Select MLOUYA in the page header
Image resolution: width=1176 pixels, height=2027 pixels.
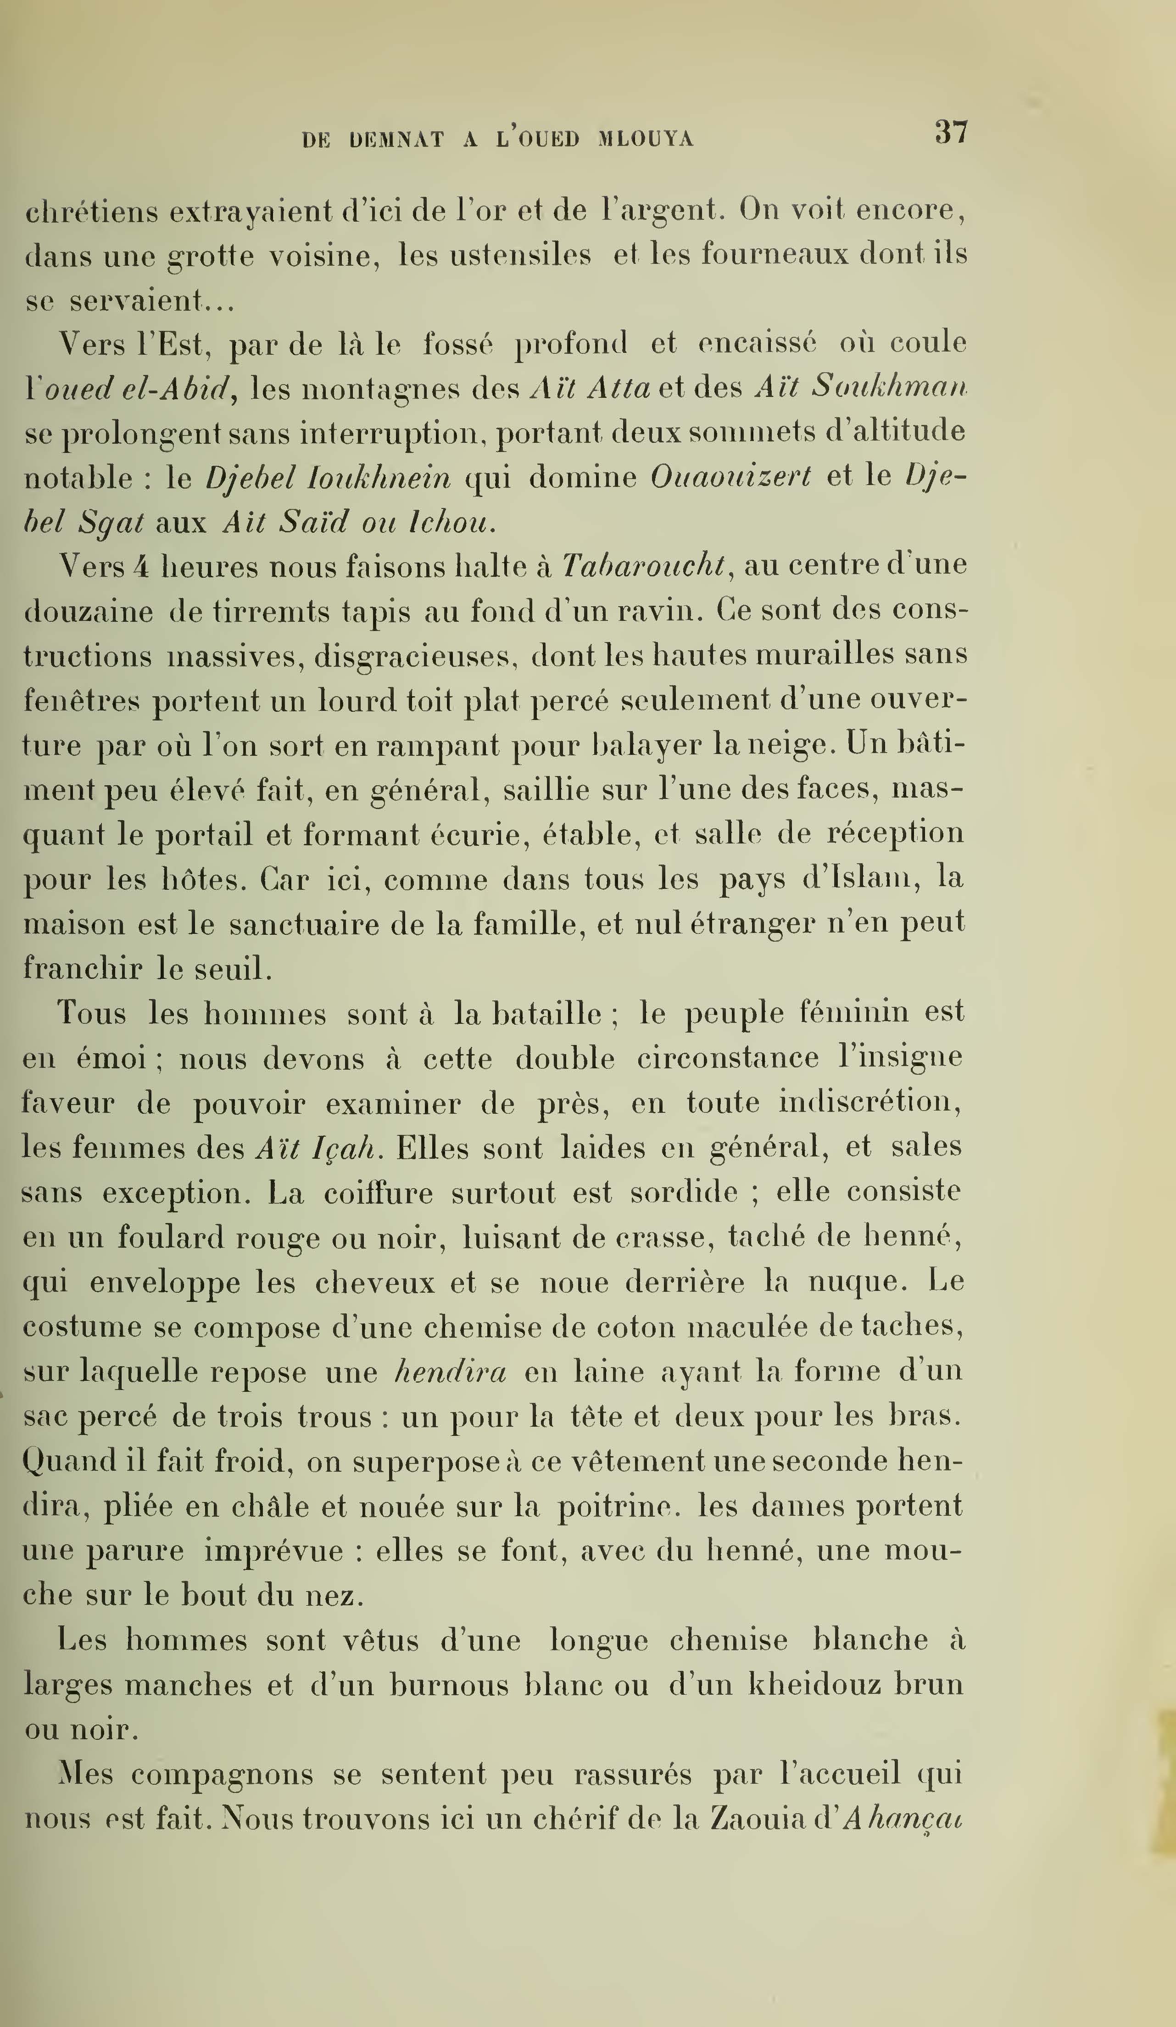point(646,140)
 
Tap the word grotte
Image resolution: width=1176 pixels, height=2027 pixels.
point(210,256)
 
